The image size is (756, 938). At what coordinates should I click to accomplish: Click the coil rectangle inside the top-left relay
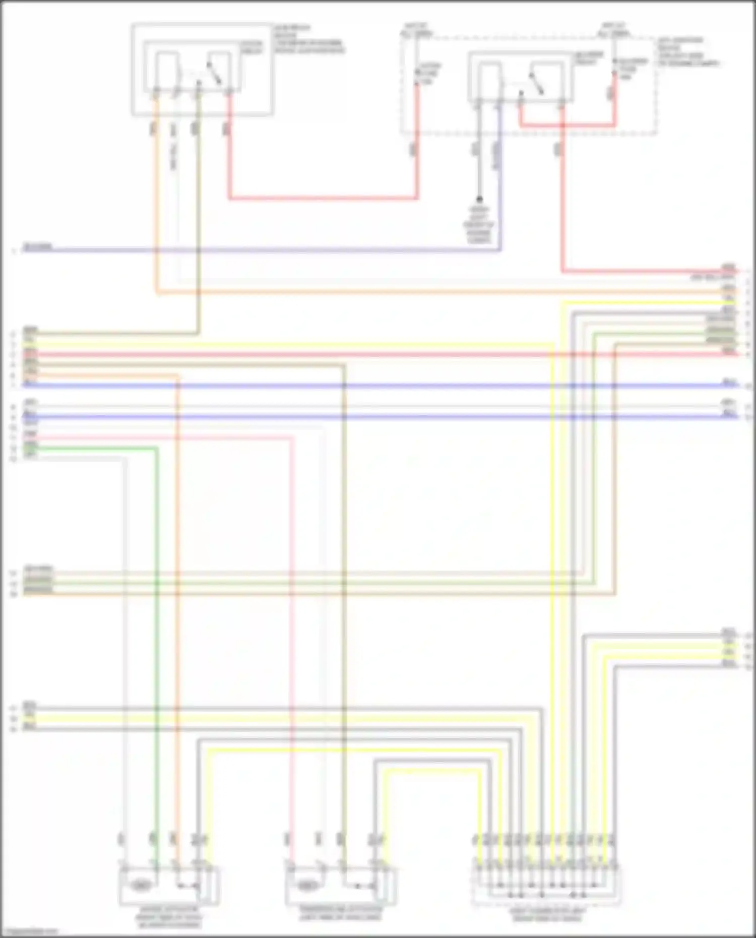click(166, 71)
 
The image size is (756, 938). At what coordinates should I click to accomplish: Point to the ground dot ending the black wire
click(479, 199)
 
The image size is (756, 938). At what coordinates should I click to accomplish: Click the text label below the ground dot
click(479, 225)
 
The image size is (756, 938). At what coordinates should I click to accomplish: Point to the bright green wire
click(157, 605)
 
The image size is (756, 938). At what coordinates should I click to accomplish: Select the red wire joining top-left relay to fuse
click(323, 198)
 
